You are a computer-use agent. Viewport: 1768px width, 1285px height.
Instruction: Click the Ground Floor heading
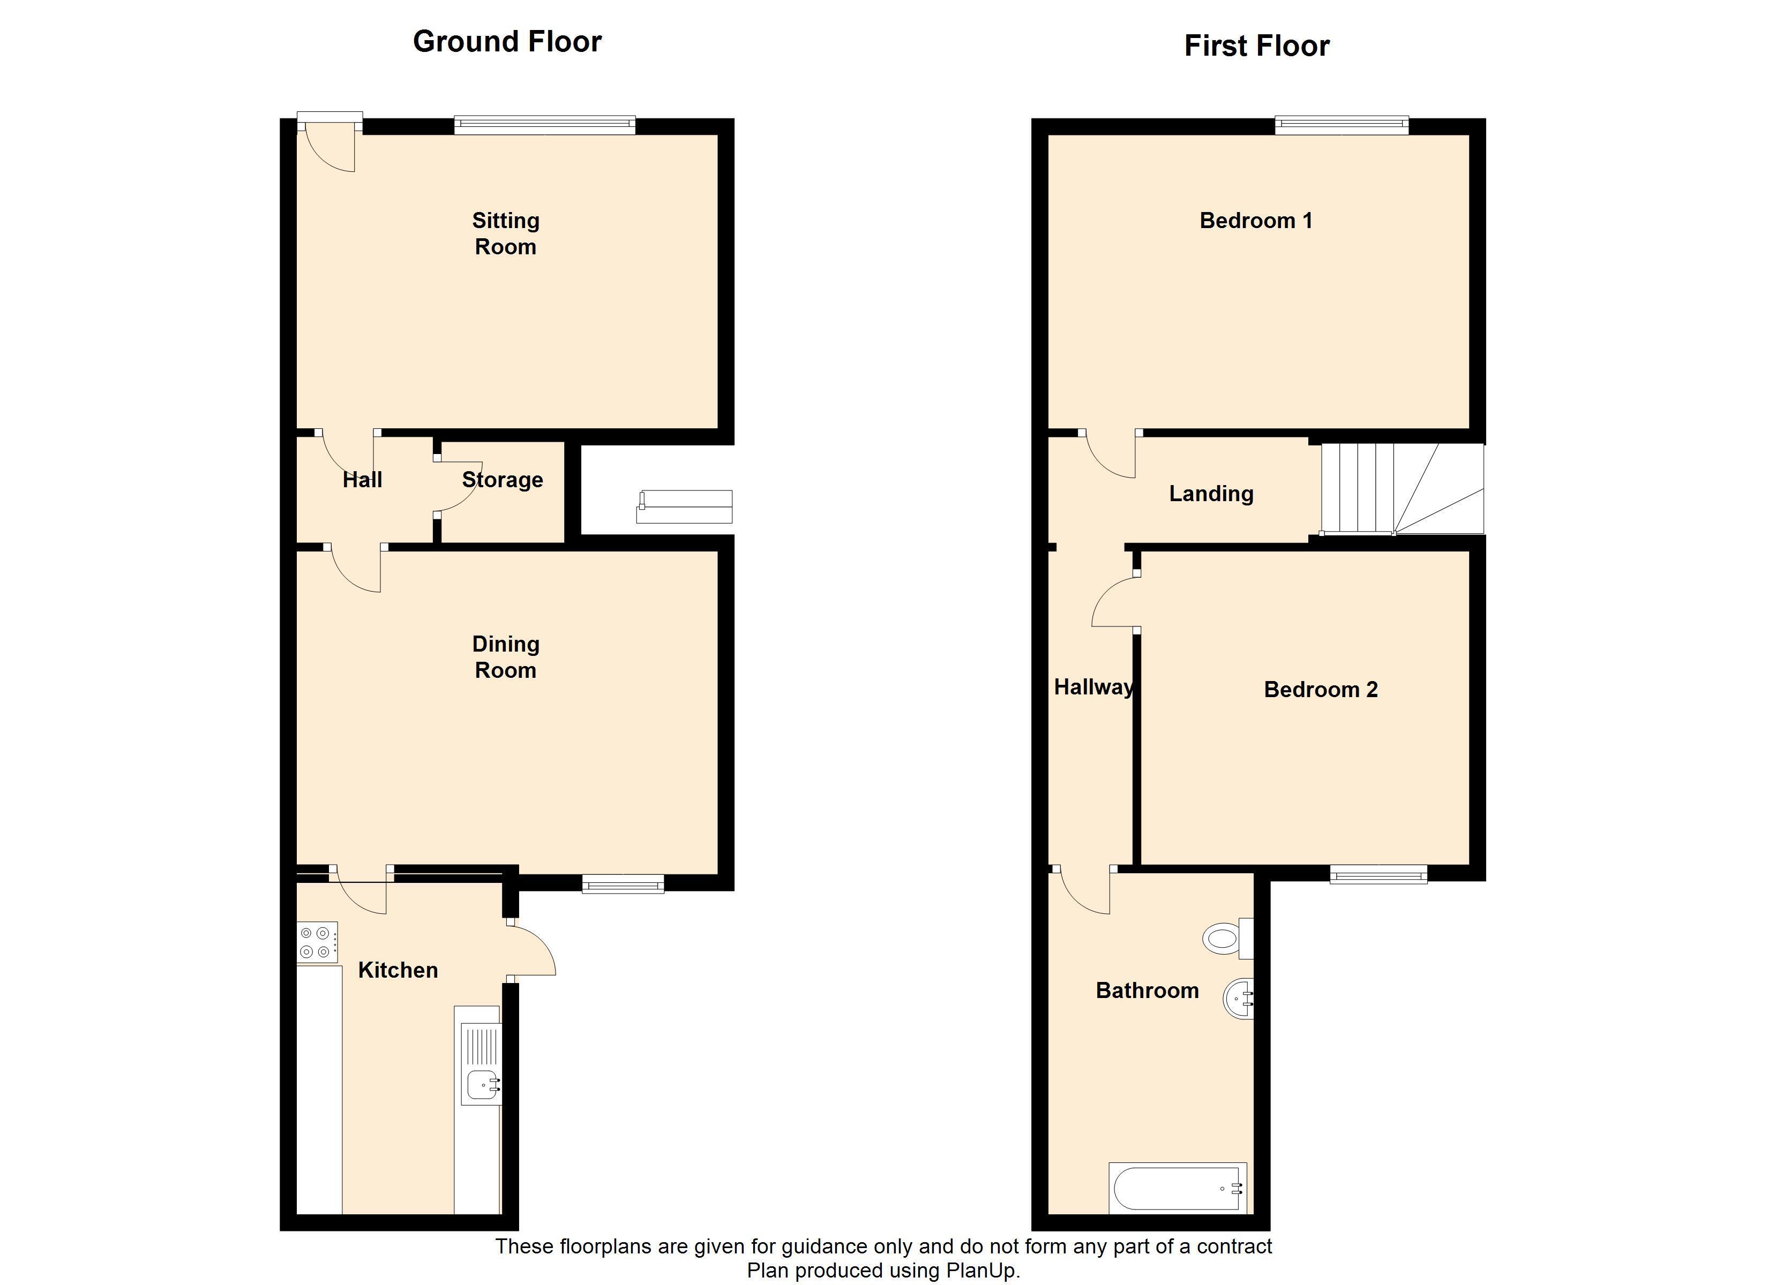click(507, 41)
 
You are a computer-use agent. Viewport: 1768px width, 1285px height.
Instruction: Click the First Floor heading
click(1257, 46)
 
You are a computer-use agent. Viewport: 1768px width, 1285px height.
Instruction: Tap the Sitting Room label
click(506, 234)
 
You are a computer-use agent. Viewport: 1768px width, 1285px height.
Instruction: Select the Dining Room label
click(506, 657)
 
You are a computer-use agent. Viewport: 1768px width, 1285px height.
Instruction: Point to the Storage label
click(502, 480)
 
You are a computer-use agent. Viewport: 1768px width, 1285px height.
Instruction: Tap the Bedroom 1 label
click(1256, 221)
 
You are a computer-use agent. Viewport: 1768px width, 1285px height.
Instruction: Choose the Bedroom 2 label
click(1321, 690)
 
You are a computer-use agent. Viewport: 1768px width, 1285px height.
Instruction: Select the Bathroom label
click(1148, 991)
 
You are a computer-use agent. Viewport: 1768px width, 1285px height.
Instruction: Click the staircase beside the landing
click(1402, 489)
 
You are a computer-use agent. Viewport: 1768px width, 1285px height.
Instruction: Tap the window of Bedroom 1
click(1342, 125)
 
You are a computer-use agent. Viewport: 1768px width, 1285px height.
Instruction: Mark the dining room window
click(623, 883)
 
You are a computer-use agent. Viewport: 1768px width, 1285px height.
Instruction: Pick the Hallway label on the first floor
click(1093, 687)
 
